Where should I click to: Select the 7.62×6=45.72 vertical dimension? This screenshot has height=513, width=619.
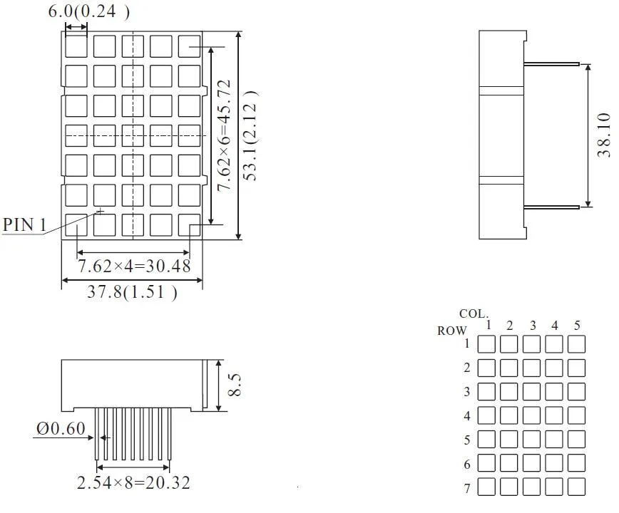pyautogui.click(x=223, y=135)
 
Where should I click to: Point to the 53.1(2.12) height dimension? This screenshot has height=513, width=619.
pyautogui.click(x=251, y=135)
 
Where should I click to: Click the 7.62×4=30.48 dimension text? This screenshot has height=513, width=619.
pyautogui.click(x=134, y=266)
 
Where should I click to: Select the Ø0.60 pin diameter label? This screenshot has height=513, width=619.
pyautogui.click(x=60, y=428)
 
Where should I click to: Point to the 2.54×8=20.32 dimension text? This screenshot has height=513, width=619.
pyautogui.click(x=133, y=482)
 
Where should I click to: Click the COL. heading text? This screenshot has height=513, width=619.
pyautogui.click(x=474, y=313)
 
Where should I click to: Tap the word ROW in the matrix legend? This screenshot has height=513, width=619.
pyautogui.click(x=452, y=331)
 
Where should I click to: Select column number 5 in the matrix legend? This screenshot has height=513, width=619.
pyautogui.click(x=577, y=326)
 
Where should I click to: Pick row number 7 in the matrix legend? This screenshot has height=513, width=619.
pyautogui.click(x=467, y=489)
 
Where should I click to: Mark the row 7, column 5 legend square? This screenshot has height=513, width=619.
pyautogui.click(x=577, y=487)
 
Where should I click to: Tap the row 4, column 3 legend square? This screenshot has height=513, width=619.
pyautogui.click(x=531, y=415)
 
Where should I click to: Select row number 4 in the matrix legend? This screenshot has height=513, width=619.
pyautogui.click(x=467, y=416)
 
